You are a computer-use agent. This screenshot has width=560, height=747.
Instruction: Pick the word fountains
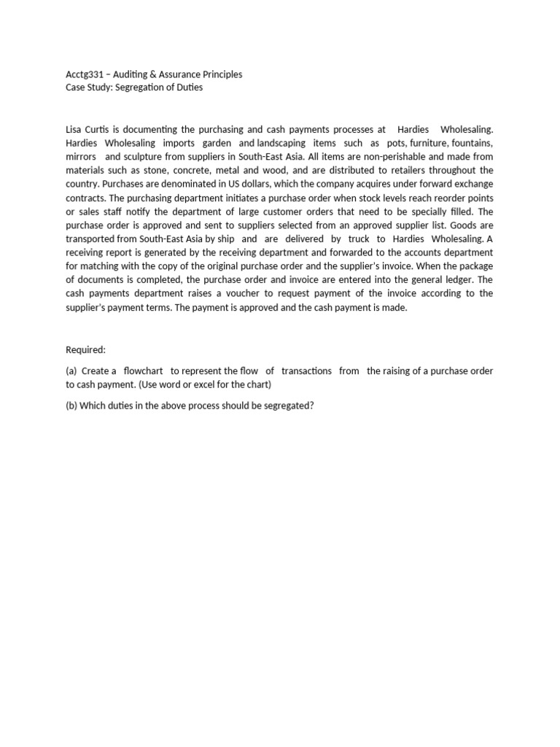[472, 143]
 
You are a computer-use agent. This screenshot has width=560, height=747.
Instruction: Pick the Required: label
[86, 350]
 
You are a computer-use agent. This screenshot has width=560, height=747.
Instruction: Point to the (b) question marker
[71, 405]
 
